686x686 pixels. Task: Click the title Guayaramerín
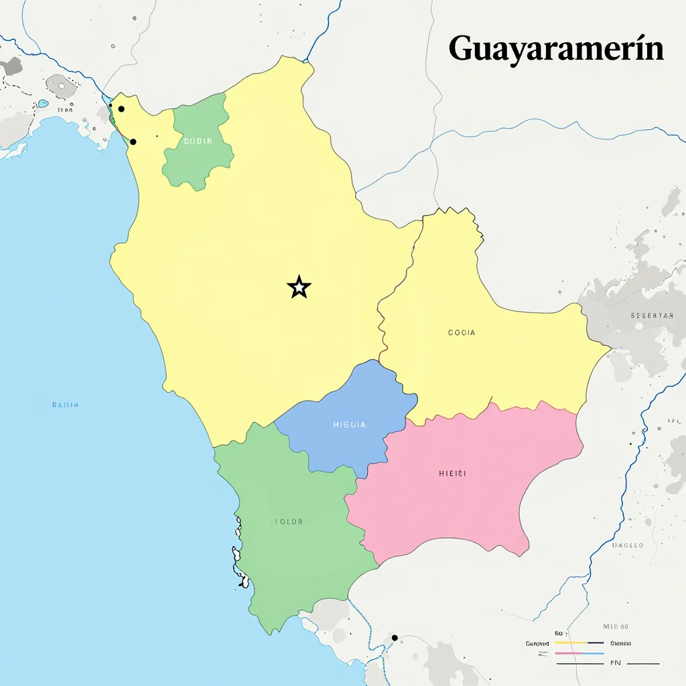556,49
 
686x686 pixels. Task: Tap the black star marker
299,287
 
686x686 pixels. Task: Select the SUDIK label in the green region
198,141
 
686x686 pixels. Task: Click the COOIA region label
462,332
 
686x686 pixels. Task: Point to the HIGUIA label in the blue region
349,425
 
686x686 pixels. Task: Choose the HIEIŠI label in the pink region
452,474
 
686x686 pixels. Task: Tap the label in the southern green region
287,521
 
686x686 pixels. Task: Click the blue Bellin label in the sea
65,405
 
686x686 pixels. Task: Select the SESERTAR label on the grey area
651,316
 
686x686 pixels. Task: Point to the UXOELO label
628,545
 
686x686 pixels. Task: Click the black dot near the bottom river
395,637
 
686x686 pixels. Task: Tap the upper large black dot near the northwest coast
121,109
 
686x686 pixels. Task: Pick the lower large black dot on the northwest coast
133,141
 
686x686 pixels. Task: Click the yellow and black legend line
579,643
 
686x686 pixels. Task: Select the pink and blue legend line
579,653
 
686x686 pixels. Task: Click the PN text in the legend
616,663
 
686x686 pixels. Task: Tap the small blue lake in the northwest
43,104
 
